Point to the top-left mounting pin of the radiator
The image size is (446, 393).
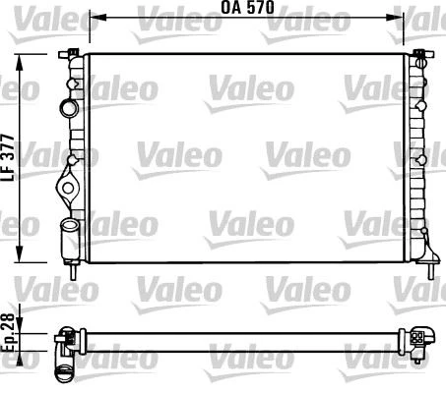pos(75,50)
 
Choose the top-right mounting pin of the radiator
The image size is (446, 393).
pos(418,50)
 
